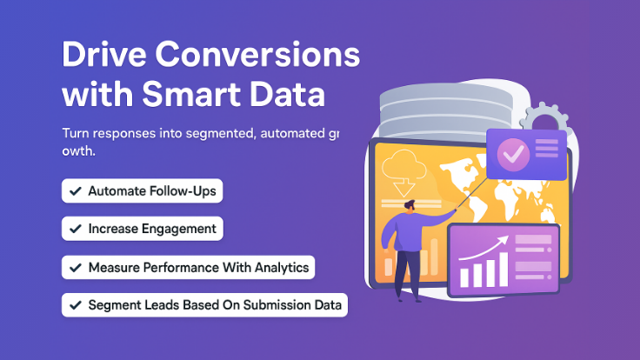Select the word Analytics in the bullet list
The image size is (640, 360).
pyautogui.click(x=281, y=267)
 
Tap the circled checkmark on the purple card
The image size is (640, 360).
pyautogui.click(x=512, y=155)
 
